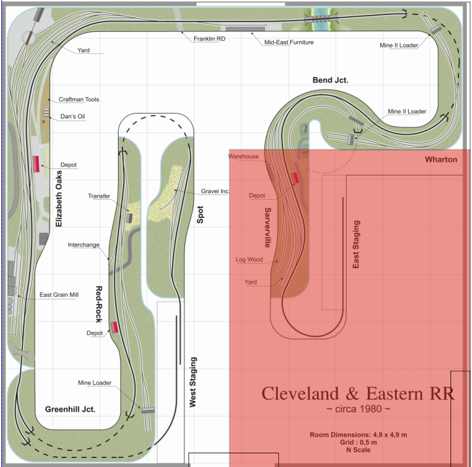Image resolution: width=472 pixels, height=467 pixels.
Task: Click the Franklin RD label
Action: pos(209,39)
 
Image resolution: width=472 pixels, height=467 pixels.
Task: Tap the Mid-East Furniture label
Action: pos(289,42)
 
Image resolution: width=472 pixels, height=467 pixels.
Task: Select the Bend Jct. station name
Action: pos(331,80)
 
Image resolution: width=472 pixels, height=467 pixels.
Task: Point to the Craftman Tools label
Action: pos(79,99)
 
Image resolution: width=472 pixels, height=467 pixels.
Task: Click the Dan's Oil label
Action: pos(72,117)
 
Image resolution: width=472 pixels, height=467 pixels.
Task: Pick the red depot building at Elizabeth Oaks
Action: pos(36,164)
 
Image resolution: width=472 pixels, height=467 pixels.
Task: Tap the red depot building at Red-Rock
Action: pos(114,327)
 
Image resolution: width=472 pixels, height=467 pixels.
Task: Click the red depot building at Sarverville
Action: pos(295,178)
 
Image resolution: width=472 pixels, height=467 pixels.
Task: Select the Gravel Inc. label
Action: pos(215,191)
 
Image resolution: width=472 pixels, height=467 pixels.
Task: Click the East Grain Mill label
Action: pos(59,295)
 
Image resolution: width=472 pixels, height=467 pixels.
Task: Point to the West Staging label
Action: pos(193,382)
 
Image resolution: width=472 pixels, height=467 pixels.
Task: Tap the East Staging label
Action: pos(356,244)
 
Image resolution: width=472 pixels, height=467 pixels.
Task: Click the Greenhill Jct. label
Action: pos(70,410)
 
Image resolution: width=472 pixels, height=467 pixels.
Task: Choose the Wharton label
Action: pos(441,160)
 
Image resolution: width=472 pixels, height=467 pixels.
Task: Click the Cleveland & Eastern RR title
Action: pos(358,394)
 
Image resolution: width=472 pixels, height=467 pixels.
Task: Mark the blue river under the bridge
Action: pos(321,20)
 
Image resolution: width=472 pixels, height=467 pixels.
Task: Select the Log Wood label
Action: pos(249,260)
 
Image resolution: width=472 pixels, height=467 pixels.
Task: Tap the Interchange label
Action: pos(83,245)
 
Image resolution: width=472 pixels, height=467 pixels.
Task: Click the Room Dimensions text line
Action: pos(358,435)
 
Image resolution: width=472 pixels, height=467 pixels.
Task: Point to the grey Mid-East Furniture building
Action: pos(245,29)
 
